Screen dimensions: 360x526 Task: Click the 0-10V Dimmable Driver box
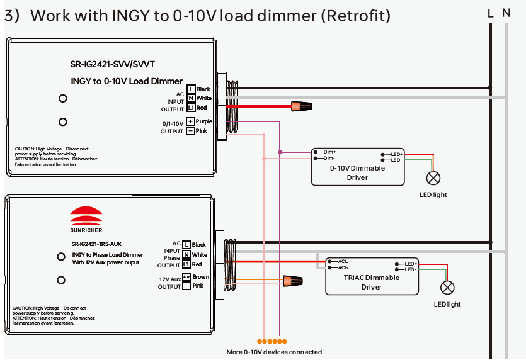tap(358, 167)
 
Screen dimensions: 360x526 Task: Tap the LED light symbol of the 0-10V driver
tap(433, 177)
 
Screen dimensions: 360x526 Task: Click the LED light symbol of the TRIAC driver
tap(447, 287)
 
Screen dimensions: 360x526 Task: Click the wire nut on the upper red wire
tap(301, 106)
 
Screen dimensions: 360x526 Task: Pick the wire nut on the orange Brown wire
tap(292, 279)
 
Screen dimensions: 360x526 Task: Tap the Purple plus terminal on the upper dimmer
tap(190, 121)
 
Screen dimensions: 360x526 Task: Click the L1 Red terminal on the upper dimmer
tap(191, 108)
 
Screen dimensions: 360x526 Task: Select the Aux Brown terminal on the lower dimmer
tap(186, 277)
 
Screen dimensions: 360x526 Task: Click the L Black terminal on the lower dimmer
tap(186, 244)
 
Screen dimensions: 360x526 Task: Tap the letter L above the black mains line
tap(490, 13)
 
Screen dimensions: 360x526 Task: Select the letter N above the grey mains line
tap(506, 13)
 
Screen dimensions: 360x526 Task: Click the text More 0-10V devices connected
tap(274, 352)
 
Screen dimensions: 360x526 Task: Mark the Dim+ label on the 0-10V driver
tap(329, 152)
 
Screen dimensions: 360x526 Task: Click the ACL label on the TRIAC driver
tap(343, 261)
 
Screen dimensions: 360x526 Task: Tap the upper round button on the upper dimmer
tap(63, 99)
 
